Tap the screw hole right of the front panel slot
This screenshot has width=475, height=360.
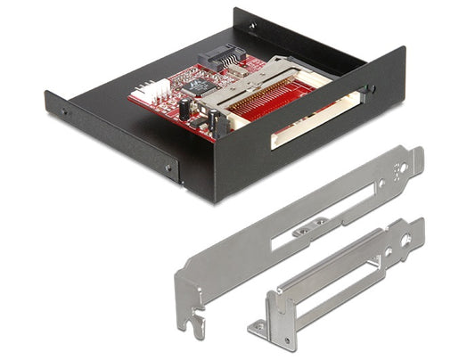[368, 89]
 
